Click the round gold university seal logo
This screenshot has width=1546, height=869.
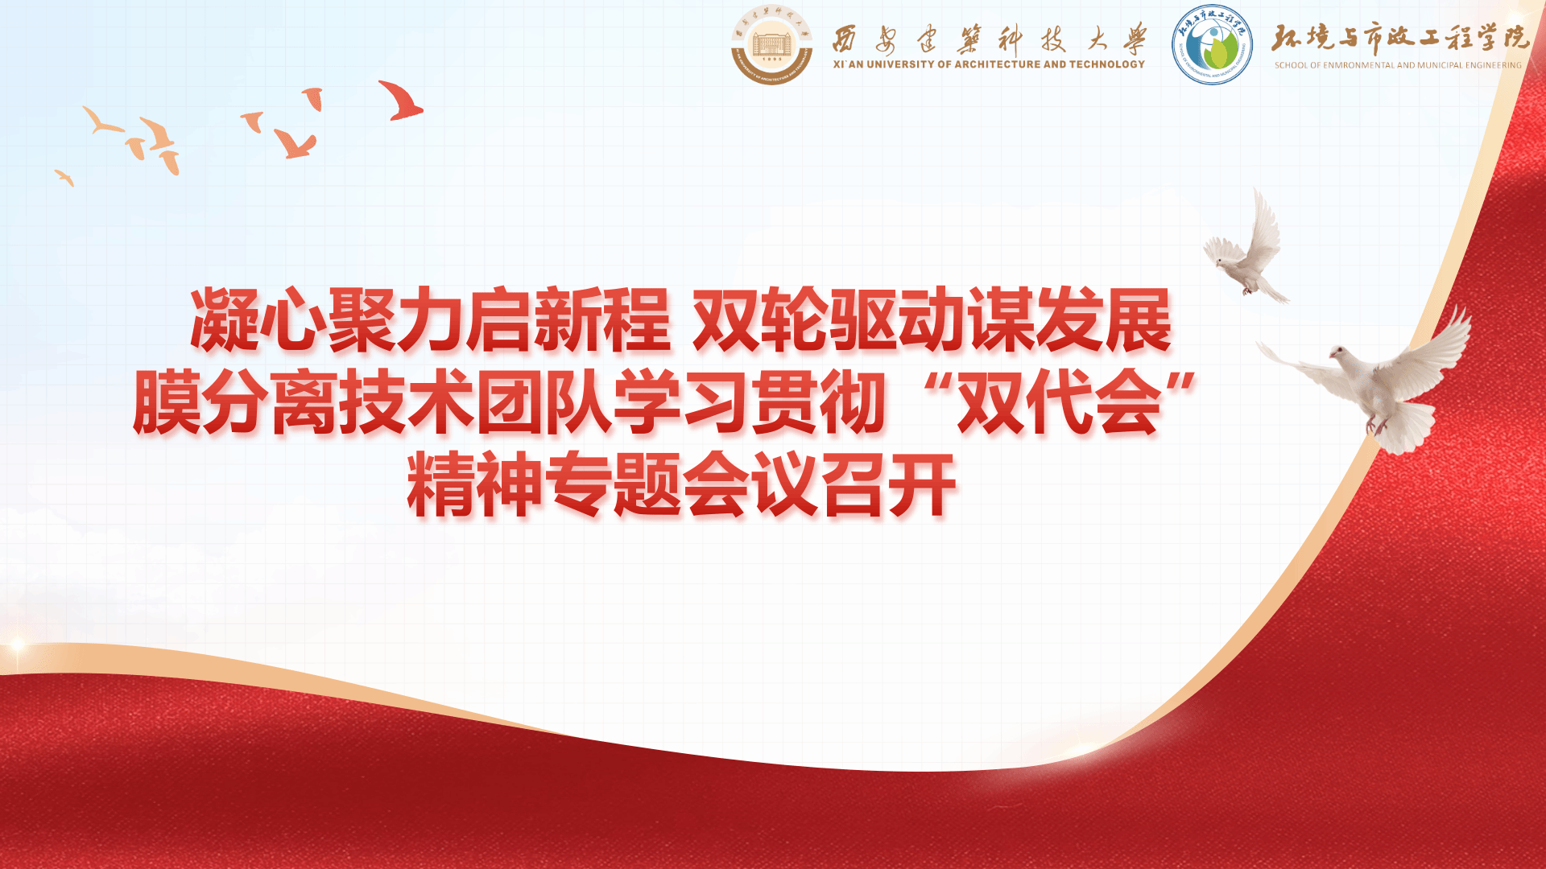(x=771, y=45)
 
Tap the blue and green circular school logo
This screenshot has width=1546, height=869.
(x=1212, y=45)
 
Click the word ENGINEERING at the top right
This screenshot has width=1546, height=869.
(x=1494, y=65)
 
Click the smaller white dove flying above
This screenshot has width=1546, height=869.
(x=1246, y=245)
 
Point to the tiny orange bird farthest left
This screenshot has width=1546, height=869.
(x=64, y=178)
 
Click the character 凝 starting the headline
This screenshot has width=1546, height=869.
(x=225, y=320)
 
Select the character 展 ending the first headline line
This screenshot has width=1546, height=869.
(x=1138, y=320)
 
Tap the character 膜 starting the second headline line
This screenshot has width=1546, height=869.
(x=167, y=402)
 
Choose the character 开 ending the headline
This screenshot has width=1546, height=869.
(x=923, y=484)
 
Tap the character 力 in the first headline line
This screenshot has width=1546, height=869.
(x=431, y=320)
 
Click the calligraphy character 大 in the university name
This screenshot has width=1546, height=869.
(x=1097, y=39)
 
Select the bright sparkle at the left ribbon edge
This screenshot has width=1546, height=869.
(x=16, y=645)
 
